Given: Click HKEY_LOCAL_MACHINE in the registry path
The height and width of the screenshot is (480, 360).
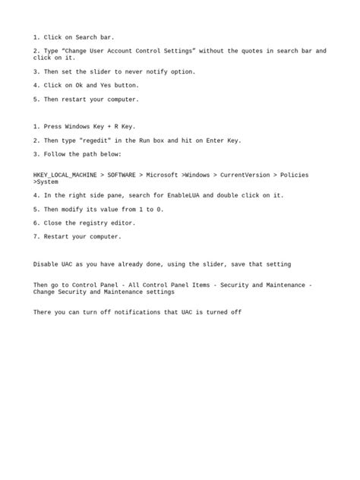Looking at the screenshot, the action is click(65, 175).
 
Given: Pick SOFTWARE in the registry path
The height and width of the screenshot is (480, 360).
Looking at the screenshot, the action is click(122, 175).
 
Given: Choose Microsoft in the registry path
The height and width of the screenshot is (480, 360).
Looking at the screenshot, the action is click(163, 175).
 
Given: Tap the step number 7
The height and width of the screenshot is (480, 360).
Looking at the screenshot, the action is click(36, 237).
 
